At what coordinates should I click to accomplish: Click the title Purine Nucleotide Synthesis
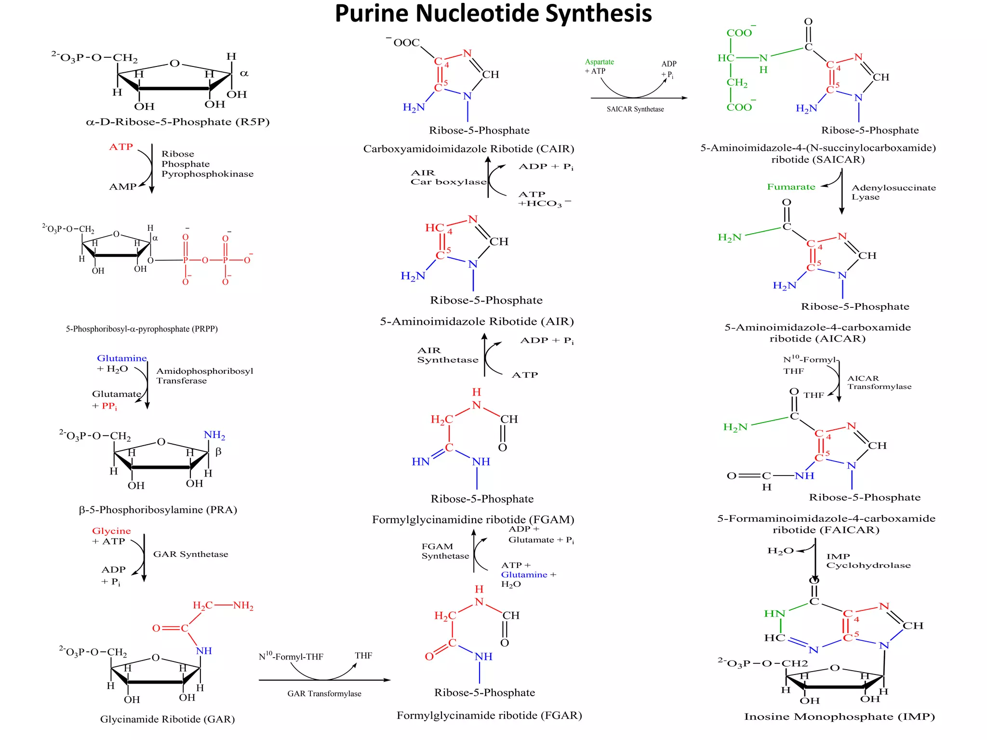(x=493, y=13)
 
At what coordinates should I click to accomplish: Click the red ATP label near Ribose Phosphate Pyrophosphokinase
(x=120, y=147)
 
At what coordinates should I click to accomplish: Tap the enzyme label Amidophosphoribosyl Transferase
(x=204, y=376)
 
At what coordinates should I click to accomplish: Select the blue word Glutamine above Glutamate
(x=121, y=358)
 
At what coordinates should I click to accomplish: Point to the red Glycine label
(x=111, y=531)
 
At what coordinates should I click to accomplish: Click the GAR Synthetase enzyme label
(x=190, y=554)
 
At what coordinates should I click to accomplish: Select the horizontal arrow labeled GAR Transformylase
(x=324, y=680)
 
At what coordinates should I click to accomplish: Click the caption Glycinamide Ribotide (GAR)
(x=167, y=719)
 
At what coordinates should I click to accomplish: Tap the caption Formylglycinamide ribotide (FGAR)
(x=489, y=715)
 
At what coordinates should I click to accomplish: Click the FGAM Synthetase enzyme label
(x=445, y=551)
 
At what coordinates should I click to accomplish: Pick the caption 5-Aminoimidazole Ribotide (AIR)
(x=477, y=321)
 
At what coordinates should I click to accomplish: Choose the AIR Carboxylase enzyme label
(x=448, y=177)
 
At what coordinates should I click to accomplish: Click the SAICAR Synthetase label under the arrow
(x=635, y=109)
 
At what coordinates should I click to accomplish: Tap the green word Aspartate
(x=599, y=62)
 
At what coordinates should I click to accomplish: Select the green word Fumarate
(x=791, y=187)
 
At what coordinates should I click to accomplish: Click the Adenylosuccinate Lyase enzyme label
(x=893, y=192)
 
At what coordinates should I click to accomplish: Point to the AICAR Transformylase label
(x=879, y=383)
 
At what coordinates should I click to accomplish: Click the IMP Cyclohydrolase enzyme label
(x=868, y=561)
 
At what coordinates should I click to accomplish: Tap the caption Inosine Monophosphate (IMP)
(x=839, y=717)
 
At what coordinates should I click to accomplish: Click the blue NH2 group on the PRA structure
(x=214, y=435)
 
